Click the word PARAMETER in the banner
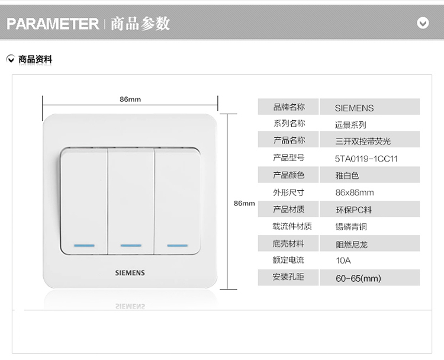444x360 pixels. tap(53, 24)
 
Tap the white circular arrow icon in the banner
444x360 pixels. tap(423, 23)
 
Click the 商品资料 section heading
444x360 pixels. tap(35, 59)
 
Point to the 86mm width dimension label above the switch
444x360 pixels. tap(130, 99)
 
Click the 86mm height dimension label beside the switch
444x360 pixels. tap(244, 203)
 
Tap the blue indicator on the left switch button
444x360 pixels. tap(84, 246)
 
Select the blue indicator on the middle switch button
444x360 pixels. tap(131, 246)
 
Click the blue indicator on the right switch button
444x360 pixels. tap(177, 246)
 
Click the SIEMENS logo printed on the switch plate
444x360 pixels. tap(130, 273)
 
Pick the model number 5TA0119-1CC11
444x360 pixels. tap(366, 159)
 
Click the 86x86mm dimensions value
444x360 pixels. tap(355, 192)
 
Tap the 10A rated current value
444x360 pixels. tap(343, 261)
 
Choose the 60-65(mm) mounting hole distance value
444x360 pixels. tap(358, 278)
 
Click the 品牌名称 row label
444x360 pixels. tap(289, 107)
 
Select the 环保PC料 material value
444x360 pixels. tap(353, 210)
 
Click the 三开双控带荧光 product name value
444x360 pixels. tap(363, 141)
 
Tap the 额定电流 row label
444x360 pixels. tap(288, 260)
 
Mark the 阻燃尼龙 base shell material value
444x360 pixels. tap(352, 245)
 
